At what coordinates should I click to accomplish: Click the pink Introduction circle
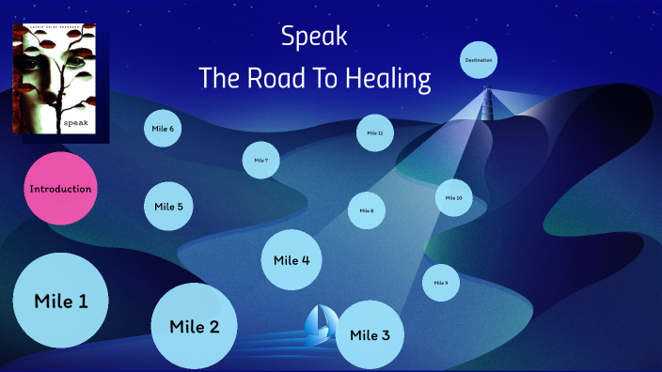coord(60,189)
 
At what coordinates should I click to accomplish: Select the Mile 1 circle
coord(60,302)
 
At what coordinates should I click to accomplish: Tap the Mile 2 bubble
coord(194,326)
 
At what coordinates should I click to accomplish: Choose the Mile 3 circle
coord(370,335)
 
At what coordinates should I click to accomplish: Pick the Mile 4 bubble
coord(292,260)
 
